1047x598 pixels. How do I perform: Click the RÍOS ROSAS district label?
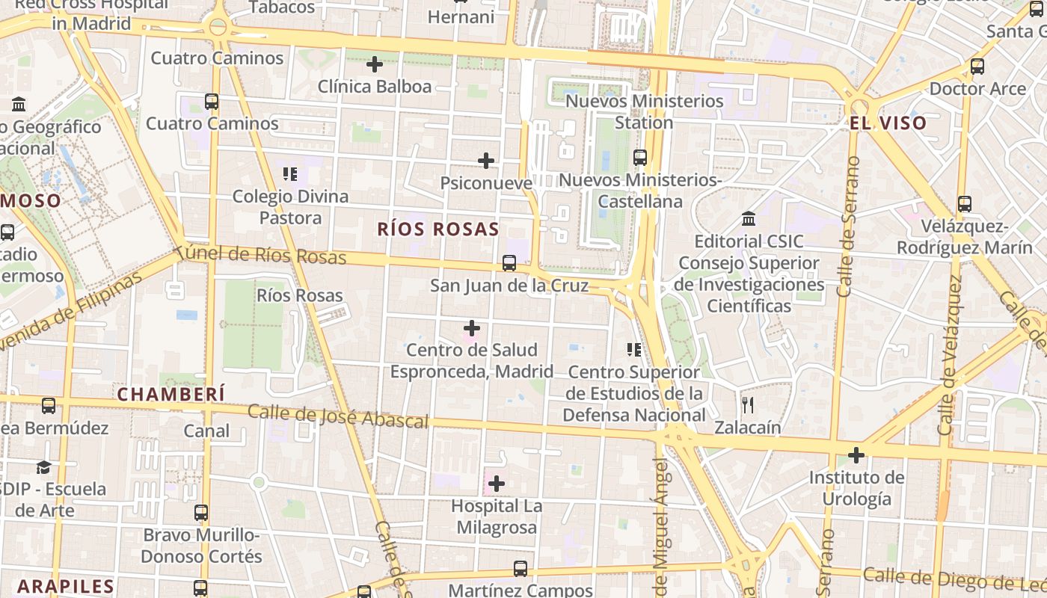point(437,229)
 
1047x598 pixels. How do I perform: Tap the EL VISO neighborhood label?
point(888,123)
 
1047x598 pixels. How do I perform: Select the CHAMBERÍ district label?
point(171,394)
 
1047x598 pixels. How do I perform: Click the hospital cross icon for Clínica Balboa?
point(375,64)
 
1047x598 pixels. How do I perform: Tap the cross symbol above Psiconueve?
point(486,160)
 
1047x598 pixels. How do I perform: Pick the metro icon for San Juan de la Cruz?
point(509,263)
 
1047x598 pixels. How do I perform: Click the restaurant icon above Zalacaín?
point(748,405)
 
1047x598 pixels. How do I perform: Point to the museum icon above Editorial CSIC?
point(749,218)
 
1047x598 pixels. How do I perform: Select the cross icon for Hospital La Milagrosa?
point(496,484)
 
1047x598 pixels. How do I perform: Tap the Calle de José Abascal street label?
point(338,416)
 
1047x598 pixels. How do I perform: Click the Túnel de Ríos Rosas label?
point(262,254)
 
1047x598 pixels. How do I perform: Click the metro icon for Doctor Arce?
point(977,67)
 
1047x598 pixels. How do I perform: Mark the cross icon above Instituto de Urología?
point(856,454)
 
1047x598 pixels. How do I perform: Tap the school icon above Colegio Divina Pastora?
point(290,174)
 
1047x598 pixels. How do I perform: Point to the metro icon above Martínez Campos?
point(521,569)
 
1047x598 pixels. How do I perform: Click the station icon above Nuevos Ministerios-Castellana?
point(640,158)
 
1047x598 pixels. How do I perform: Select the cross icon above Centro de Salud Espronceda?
point(472,327)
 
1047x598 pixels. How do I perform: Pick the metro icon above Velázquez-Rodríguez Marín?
point(965,203)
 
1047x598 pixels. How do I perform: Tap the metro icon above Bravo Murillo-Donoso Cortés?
point(201,513)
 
